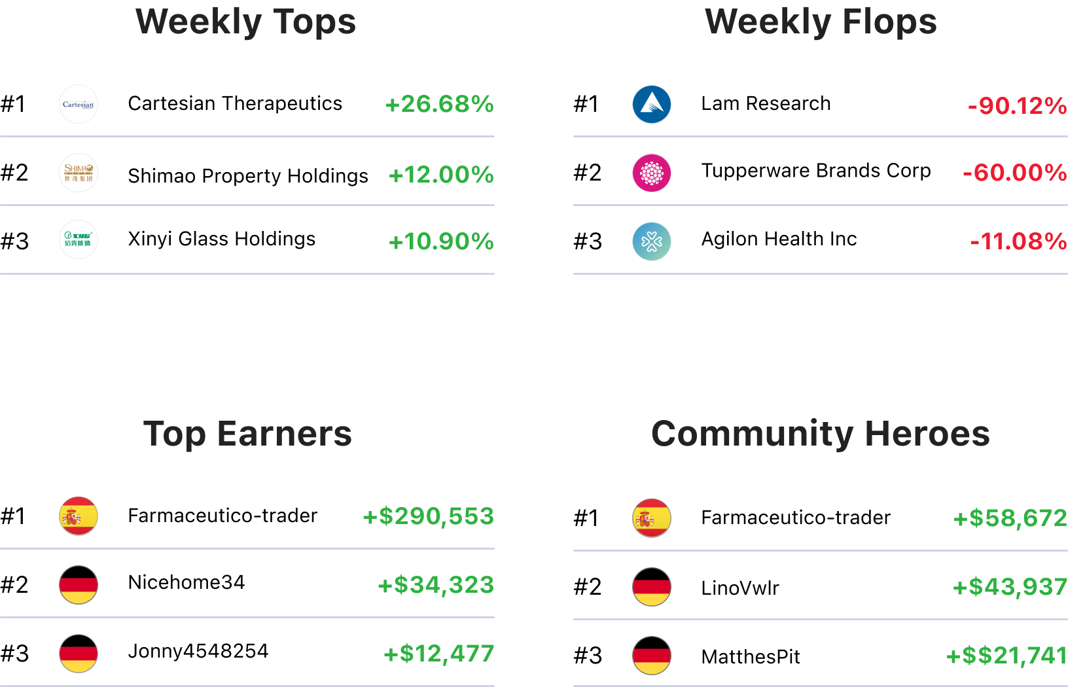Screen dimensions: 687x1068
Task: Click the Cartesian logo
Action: tap(79, 104)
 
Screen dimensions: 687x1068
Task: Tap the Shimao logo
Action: tap(79, 173)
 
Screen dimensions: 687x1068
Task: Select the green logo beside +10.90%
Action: tap(79, 239)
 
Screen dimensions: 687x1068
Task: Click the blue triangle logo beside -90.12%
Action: tap(652, 105)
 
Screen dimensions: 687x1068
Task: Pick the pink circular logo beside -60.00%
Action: tap(652, 173)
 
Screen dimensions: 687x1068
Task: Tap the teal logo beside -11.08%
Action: tap(652, 241)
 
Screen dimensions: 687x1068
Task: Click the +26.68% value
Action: tap(439, 104)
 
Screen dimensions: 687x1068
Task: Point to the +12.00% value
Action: tap(441, 175)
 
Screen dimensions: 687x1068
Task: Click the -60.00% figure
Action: tap(1014, 173)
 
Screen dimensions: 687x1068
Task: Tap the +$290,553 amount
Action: tap(428, 516)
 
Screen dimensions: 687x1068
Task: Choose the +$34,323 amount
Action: tap(436, 585)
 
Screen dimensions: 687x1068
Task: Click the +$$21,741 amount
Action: tap(1006, 655)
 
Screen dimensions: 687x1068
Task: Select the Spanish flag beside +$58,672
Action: tap(652, 518)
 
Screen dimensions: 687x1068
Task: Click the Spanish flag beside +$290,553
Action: tap(79, 516)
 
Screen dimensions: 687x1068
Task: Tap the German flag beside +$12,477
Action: tap(79, 654)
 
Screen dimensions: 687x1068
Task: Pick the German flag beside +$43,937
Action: tap(652, 587)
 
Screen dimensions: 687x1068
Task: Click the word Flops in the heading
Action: tap(889, 22)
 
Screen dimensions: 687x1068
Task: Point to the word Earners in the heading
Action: tap(284, 434)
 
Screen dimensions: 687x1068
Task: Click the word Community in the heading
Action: tap(753, 434)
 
